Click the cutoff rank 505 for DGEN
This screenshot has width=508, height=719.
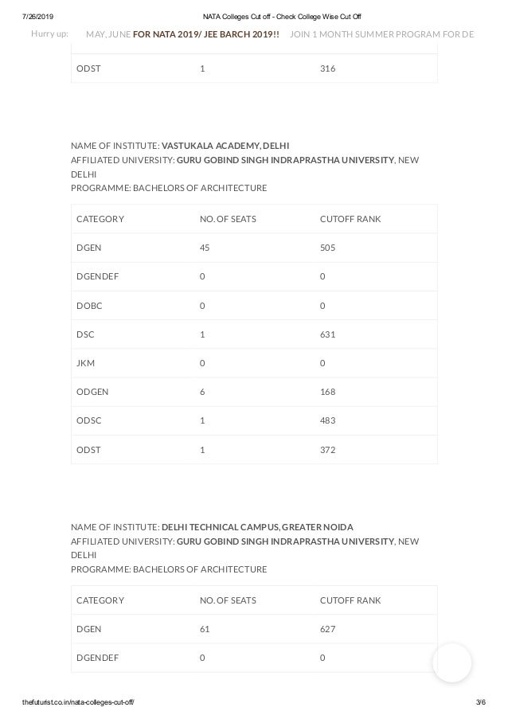[x=327, y=248]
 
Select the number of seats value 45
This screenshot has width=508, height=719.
[x=205, y=248]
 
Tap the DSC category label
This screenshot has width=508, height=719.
[x=84, y=334]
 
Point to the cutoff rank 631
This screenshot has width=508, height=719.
[x=327, y=334]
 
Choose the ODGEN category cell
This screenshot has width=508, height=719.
[x=92, y=392]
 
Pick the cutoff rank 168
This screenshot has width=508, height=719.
[x=327, y=392]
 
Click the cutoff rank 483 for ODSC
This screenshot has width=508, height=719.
[x=327, y=420]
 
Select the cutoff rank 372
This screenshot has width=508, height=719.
[x=327, y=450]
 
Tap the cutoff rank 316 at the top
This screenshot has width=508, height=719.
[x=327, y=68]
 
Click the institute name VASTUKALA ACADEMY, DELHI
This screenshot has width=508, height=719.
[x=225, y=145]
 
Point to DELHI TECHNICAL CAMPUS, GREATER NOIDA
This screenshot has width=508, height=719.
[x=257, y=527]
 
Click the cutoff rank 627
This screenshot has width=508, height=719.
[x=327, y=629]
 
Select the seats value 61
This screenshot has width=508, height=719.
[x=205, y=629]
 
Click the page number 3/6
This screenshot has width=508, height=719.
[x=479, y=701]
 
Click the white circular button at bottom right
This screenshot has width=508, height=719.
[x=452, y=662]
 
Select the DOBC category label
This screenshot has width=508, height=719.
[x=88, y=306]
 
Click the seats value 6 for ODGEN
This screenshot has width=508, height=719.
[x=202, y=392]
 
